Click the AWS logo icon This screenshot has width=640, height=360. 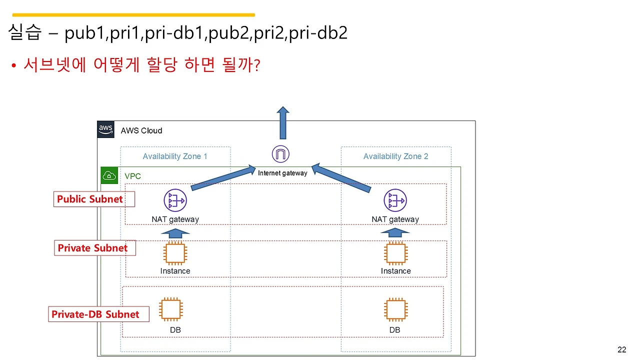105,129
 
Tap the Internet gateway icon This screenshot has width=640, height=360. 280,154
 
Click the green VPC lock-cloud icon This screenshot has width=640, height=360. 109,175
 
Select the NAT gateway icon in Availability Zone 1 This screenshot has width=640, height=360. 175,201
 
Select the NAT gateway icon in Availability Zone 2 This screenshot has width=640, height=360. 395,201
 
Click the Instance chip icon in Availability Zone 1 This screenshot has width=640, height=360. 175,253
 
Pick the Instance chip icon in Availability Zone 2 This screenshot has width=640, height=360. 395,253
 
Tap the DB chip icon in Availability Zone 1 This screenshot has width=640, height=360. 170,309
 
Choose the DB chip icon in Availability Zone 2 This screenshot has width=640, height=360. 395,309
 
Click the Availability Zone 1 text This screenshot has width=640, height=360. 175,156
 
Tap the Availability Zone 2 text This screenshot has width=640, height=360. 395,156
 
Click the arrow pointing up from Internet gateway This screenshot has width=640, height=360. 283,122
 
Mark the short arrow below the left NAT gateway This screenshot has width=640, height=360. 175,233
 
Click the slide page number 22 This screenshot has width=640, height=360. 622,349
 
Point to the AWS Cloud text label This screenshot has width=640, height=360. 141,130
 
